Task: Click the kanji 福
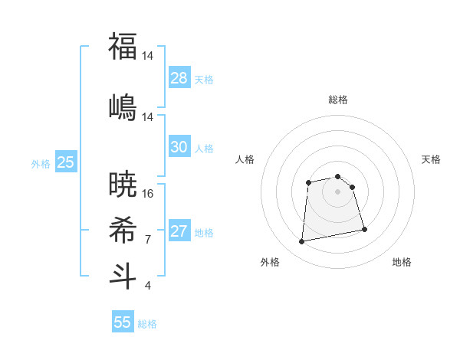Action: (123, 46)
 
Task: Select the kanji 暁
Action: (123, 184)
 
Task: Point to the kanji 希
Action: (123, 230)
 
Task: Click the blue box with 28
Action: (179, 78)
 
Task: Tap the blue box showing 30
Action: (179, 147)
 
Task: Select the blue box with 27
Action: (179, 231)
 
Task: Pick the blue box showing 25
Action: (65, 162)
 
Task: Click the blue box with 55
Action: (123, 322)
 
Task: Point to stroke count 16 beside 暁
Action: (148, 194)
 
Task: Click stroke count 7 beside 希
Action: (148, 240)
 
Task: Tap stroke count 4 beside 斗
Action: (148, 286)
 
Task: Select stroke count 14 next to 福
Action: (148, 56)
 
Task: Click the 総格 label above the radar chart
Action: (337, 100)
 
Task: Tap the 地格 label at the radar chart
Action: (402, 262)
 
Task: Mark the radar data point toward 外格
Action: (302, 242)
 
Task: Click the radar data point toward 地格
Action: (364, 229)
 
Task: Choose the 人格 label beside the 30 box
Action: (204, 148)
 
